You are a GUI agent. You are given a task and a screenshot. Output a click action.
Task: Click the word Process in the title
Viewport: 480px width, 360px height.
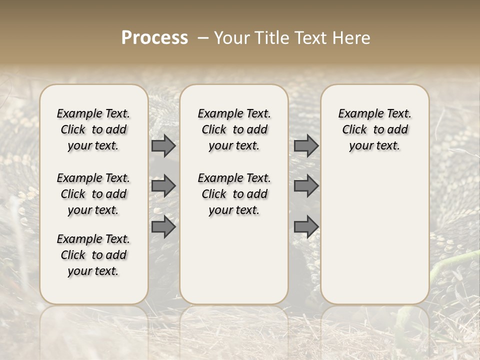[154, 38]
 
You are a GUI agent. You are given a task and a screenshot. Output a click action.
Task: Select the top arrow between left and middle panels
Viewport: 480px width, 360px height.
[163, 146]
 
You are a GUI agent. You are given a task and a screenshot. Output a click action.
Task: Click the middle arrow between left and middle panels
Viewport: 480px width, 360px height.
[163, 186]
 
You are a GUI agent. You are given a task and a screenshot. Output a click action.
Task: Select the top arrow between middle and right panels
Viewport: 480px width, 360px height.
[306, 146]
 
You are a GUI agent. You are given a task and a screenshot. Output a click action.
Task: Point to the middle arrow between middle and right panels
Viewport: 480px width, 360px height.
[306, 186]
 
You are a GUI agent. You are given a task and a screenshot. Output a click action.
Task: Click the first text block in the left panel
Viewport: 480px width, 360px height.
[93, 129]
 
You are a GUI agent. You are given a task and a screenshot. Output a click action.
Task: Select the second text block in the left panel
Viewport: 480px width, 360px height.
[93, 194]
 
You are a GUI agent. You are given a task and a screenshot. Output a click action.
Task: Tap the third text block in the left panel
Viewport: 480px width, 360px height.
[93, 255]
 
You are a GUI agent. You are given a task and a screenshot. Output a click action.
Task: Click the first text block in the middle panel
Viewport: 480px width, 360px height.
[234, 129]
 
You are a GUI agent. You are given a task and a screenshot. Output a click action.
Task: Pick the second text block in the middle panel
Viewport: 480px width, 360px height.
[234, 194]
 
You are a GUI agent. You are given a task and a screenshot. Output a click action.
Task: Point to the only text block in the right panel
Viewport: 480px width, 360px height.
[374, 129]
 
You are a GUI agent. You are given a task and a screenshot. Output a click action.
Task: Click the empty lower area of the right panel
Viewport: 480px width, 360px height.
[374, 235]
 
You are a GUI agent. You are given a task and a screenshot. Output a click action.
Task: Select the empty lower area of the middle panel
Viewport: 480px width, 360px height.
[234, 260]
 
